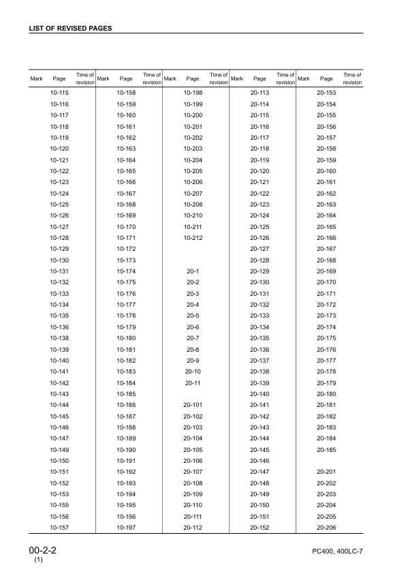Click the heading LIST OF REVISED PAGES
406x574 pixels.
click(x=70, y=29)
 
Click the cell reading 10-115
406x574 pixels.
click(x=59, y=92)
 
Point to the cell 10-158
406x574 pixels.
click(x=126, y=92)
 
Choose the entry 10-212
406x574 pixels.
click(x=193, y=237)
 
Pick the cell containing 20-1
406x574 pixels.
click(x=193, y=272)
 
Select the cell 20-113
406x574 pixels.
click(x=260, y=92)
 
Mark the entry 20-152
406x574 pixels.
click(x=260, y=527)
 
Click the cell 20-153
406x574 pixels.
click(x=326, y=92)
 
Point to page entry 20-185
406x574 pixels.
click(x=326, y=449)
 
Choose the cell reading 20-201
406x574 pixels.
click(x=326, y=472)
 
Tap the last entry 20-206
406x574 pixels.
click(x=326, y=527)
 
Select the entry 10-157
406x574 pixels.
click(x=59, y=527)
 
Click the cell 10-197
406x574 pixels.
click(x=126, y=527)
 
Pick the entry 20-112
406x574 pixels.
click(x=193, y=527)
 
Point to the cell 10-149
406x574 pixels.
click(x=59, y=449)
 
